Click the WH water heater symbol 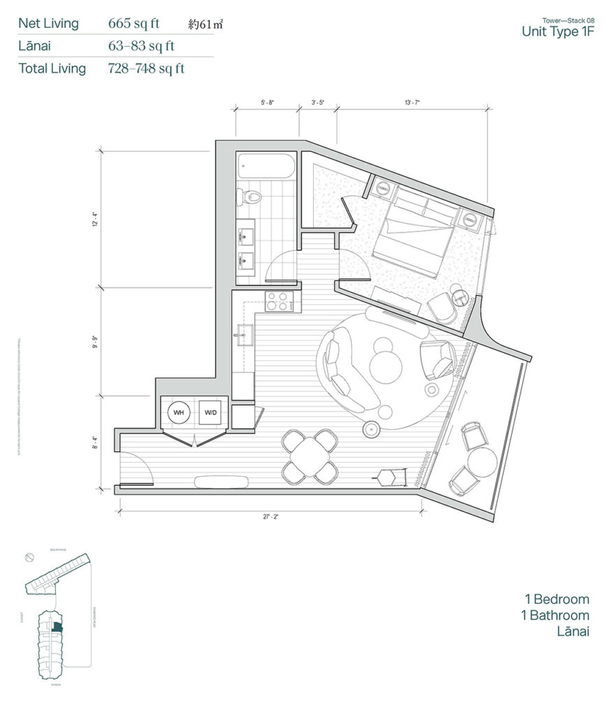[x=179, y=413]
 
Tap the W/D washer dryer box [x=210, y=413]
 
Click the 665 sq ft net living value [x=134, y=24]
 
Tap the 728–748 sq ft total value [x=146, y=69]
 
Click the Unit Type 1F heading [x=557, y=31]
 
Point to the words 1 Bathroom [x=556, y=615]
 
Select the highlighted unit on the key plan [x=57, y=629]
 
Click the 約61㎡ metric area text [x=207, y=25]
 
